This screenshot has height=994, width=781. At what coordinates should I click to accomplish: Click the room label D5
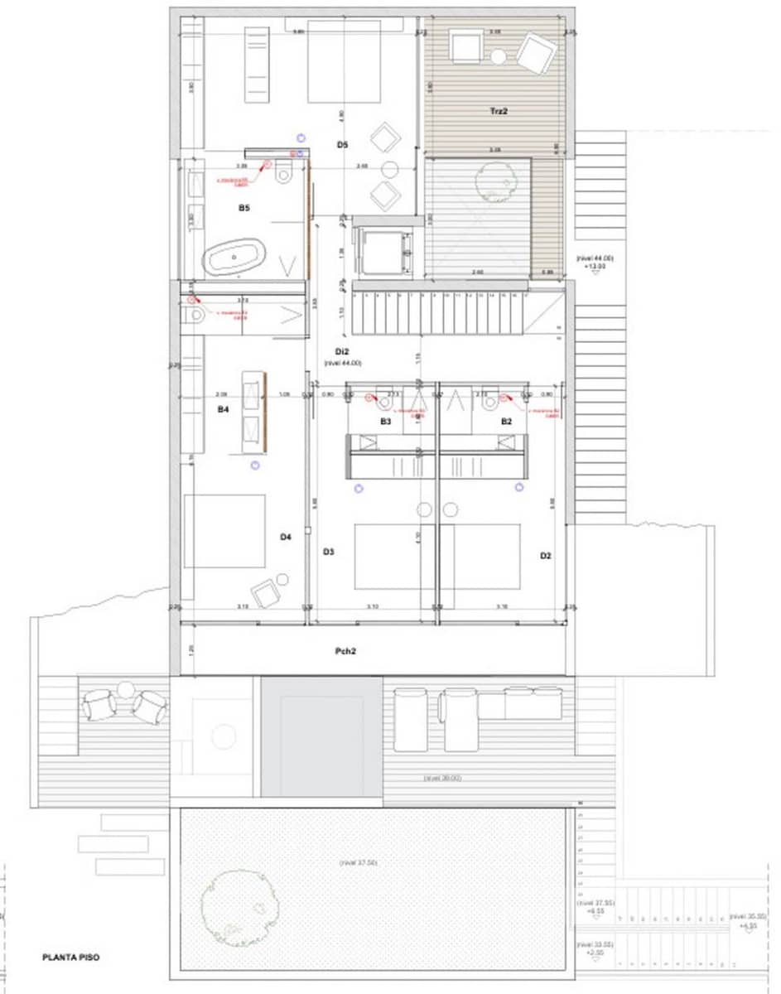[x=342, y=145]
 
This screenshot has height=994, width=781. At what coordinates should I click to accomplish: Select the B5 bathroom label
[x=243, y=208]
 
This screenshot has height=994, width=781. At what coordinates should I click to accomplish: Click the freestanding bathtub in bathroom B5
[x=236, y=258]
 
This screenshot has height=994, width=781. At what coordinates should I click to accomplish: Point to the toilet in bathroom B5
[x=285, y=172]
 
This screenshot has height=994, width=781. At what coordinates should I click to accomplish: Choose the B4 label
[x=223, y=409]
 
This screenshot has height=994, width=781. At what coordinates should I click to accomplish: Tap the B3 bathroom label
[x=385, y=422]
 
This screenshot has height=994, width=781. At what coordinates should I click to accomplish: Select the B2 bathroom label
[x=506, y=422]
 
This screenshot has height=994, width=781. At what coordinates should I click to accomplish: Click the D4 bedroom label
[x=285, y=537]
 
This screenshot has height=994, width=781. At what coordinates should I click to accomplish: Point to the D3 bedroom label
[x=328, y=552]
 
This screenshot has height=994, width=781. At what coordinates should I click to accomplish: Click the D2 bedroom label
[x=545, y=556]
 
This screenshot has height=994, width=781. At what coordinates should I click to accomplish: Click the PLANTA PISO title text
[x=71, y=958]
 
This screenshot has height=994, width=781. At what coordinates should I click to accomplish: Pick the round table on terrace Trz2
[x=498, y=56]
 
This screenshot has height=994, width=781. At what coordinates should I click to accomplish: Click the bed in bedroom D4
[x=224, y=531]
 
